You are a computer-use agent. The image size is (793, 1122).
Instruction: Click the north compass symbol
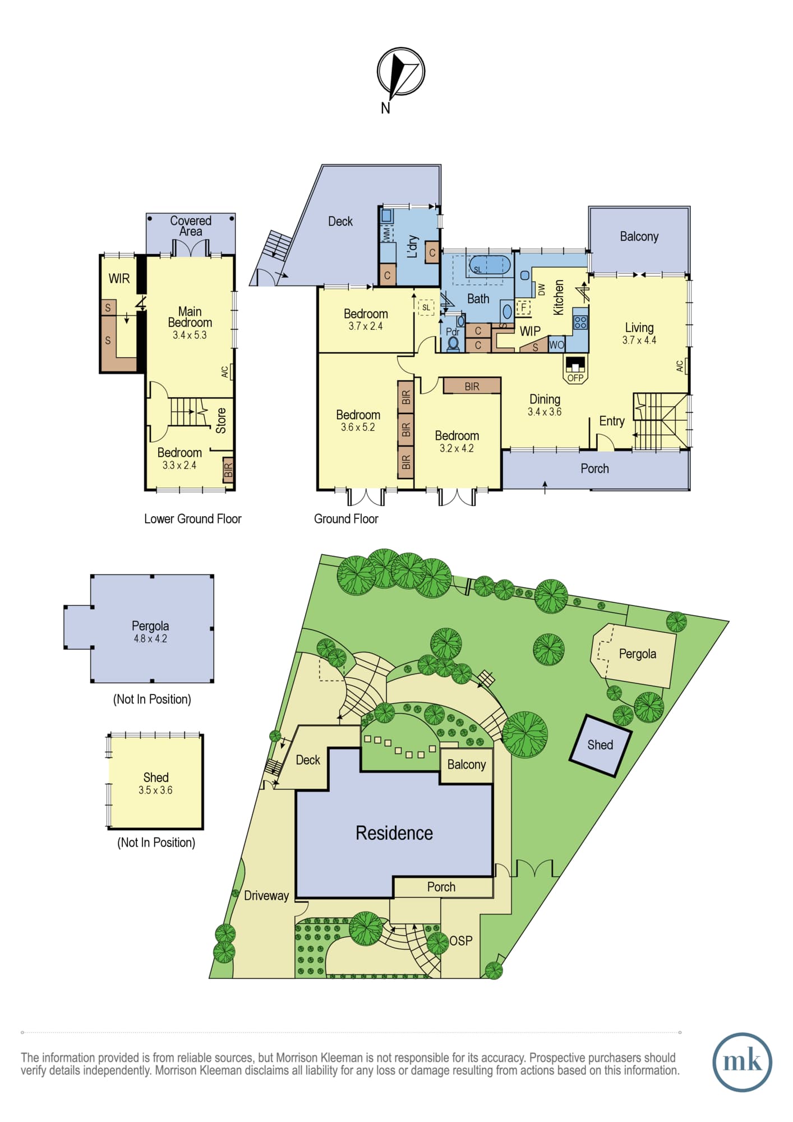tap(400, 72)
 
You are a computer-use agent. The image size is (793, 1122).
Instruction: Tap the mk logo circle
tap(742, 1062)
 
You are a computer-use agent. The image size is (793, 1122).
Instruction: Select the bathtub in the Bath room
tap(489, 265)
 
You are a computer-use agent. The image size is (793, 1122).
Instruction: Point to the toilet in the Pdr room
tap(453, 343)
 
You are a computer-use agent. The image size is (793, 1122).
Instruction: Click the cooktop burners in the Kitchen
tap(580, 322)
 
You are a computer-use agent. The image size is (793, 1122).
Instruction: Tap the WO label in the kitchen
tap(556, 345)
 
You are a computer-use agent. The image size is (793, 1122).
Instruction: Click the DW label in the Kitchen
tap(541, 289)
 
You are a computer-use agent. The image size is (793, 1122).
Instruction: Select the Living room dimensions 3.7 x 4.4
tap(639, 340)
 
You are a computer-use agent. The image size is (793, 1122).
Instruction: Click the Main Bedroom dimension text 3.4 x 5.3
tap(190, 335)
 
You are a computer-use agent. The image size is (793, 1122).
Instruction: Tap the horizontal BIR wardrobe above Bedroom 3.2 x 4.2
tap(472, 386)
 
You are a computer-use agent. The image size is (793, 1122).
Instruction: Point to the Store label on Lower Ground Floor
tap(221, 420)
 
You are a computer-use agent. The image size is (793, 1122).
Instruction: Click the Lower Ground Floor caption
tap(193, 519)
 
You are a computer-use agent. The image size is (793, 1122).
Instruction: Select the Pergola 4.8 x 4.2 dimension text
tap(150, 638)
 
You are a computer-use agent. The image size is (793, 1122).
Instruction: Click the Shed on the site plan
tap(601, 746)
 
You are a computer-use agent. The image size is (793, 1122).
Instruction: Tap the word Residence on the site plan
tap(394, 833)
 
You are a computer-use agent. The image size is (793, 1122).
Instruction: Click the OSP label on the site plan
tap(461, 941)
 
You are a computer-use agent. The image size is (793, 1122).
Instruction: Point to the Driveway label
tap(266, 896)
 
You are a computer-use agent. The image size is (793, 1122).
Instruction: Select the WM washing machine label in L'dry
tap(386, 234)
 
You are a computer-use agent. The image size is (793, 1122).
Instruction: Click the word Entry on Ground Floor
tap(612, 421)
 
